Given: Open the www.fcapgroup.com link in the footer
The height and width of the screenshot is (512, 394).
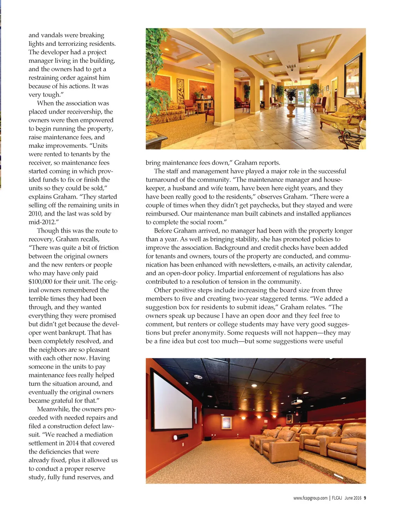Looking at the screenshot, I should pos(310,498).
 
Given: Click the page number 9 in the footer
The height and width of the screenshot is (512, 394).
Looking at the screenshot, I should pos(365,498).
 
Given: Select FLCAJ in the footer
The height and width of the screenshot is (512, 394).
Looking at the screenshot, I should pos(337,498).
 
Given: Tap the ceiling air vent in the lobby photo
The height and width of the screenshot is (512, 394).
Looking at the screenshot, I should pos(291,67).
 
